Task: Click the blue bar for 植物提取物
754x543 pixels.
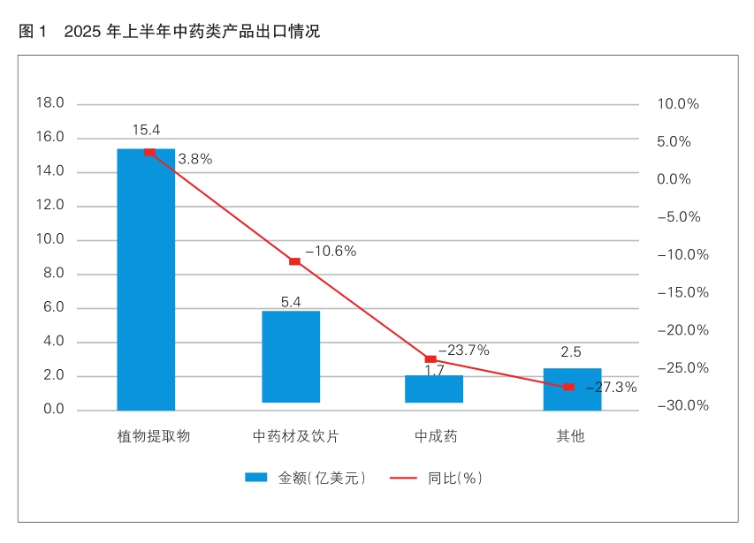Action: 146,283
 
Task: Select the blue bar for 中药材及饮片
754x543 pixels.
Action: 291,357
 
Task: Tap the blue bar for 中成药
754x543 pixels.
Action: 434,389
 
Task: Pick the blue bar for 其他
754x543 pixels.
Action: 572,389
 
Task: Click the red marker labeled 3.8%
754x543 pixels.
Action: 149,152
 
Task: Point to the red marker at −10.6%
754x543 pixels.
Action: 294,261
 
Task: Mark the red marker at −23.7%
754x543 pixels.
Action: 430,358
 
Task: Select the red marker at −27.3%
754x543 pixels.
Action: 568,387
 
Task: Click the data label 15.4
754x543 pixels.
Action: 146,130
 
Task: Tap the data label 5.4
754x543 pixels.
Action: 291,302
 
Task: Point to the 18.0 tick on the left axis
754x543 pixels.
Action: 50,103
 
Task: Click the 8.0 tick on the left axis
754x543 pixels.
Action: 53,274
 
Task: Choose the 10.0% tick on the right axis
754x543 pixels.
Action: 678,104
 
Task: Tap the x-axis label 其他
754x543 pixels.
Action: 570,437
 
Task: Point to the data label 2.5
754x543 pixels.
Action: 570,351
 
